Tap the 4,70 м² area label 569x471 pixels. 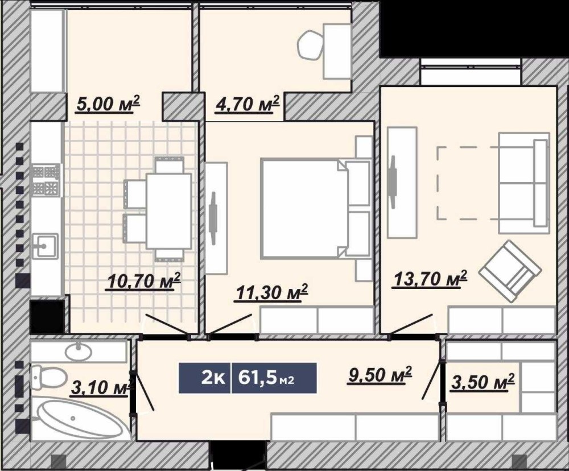click(248, 104)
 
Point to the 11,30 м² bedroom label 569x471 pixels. click(271, 292)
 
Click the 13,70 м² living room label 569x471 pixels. click(429, 279)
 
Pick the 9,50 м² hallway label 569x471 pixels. click(380, 375)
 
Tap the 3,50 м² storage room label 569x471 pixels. click(483, 382)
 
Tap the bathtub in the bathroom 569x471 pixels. click(81, 419)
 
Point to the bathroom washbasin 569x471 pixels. click(79, 351)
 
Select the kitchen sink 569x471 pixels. click(45, 246)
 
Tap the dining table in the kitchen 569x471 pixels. click(169, 211)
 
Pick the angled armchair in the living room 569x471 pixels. click(510, 271)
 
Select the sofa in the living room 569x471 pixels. click(524, 183)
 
